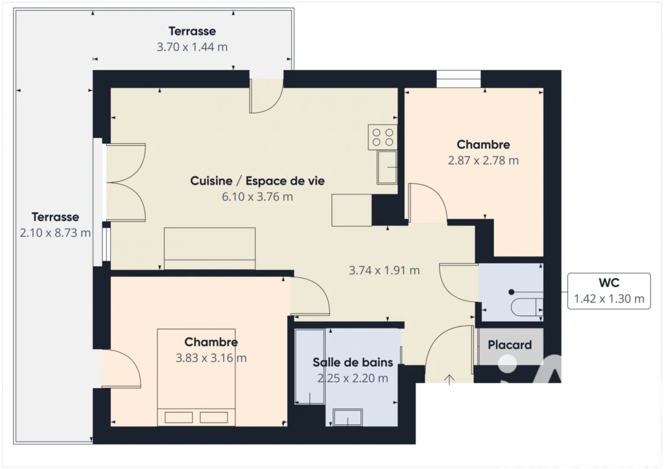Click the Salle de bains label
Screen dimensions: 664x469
pyautogui.click(x=353, y=362)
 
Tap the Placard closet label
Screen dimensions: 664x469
pyautogui.click(x=510, y=345)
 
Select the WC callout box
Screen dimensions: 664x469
pyautogui.click(x=609, y=291)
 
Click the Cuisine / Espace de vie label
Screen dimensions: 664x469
pyautogui.click(x=257, y=181)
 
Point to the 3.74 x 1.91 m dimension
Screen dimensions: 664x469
pyautogui.click(x=384, y=270)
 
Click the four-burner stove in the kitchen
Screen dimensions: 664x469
pyautogui.click(x=383, y=137)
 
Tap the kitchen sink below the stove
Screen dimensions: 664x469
pyautogui.click(x=387, y=167)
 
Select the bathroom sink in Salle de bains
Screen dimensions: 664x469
pyautogui.click(x=348, y=417)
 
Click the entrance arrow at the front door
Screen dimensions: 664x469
pyautogui.click(x=449, y=380)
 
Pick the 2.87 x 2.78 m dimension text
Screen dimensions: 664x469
pyautogui.click(x=483, y=161)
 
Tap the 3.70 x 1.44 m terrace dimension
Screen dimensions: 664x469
pyautogui.click(x=192, y=47)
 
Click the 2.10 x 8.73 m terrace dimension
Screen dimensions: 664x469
pyautogui.click(x=55, y=233)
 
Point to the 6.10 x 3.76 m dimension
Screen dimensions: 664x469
pyautogui.click(x=257, y=197)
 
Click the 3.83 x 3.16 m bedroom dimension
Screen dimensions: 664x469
pyautogui.click(x=211, y=358)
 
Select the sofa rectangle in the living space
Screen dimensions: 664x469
pyautogui.click(x=209, y=249)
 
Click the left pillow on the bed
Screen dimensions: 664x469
pyautogui.click(x=179, y=417)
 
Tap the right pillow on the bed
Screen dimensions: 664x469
pyautogui.click(x=214, y=417)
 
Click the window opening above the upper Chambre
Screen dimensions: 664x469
pyautogui.click(x=458, y=79)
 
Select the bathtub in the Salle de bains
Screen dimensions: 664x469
pyautogui.click(x=310, y=367)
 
